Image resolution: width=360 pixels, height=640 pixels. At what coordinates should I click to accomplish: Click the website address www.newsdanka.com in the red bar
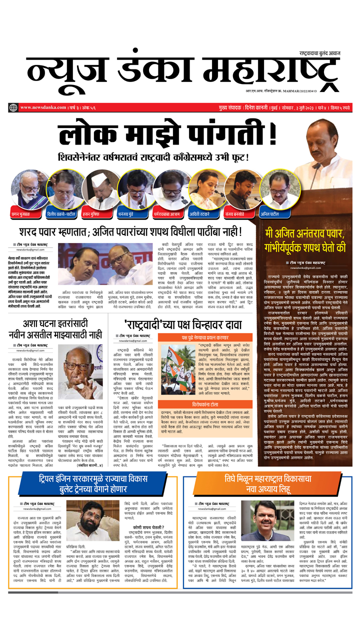[x=43, y=107]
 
